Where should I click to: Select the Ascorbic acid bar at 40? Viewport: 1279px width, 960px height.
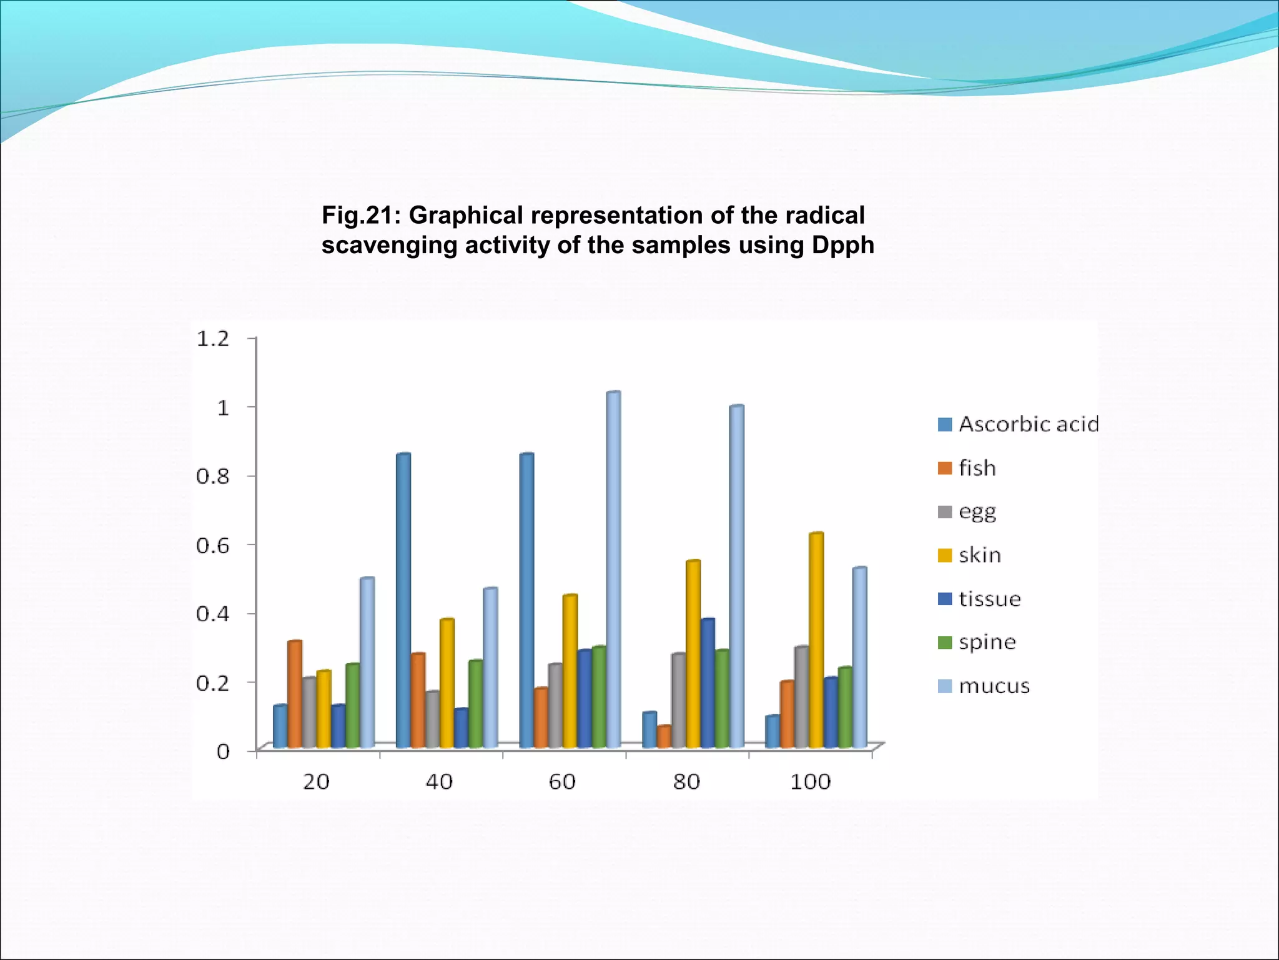[403, 600]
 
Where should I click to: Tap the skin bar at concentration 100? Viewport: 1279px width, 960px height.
[816, 641]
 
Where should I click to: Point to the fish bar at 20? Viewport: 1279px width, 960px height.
[294, 694]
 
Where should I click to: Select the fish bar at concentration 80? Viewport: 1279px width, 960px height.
[663, 737]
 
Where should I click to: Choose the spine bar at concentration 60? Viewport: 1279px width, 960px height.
[599, 697]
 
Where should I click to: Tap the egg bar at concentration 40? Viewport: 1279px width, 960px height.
[432, 719]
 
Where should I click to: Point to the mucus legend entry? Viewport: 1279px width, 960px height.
[993, 686]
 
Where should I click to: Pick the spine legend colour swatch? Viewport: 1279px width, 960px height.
[944, 642]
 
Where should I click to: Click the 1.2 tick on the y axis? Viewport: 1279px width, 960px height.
[213, 339]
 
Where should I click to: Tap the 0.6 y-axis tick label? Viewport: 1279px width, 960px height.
[213, 545]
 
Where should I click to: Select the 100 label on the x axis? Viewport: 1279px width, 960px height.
[810, 782]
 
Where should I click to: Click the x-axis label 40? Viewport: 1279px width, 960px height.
[439, 782]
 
